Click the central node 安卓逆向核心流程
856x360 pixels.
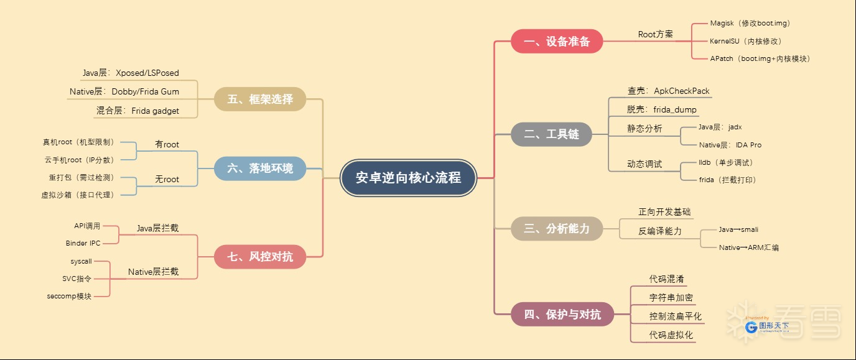(x=408, y=178)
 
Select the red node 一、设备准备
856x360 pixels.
(x=557, y=42)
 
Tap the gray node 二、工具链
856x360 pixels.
(x=551, y=134)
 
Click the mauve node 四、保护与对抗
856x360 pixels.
(x=562, y=315)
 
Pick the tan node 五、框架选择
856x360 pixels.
(x=260, y=99)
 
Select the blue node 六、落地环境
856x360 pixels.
(x=260, y=168)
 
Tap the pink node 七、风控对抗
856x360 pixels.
(x=260, y=256)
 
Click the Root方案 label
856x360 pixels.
(x=655, y=34)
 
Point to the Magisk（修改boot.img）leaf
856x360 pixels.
(x=750, y=24)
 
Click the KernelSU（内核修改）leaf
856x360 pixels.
(x=745, y=41)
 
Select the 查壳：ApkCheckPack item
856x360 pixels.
(x=668, y=91)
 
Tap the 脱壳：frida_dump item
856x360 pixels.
(x=661, y=109)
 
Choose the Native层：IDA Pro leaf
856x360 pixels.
(x=730, y=145)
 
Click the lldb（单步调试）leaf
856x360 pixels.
(x=725, y=162)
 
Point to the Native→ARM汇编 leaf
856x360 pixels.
(x=748, y=247)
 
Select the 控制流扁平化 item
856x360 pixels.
(x=675, y=316)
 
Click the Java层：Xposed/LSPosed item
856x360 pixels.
(x=131, y=73)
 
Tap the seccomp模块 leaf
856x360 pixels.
(x=69, y=296)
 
